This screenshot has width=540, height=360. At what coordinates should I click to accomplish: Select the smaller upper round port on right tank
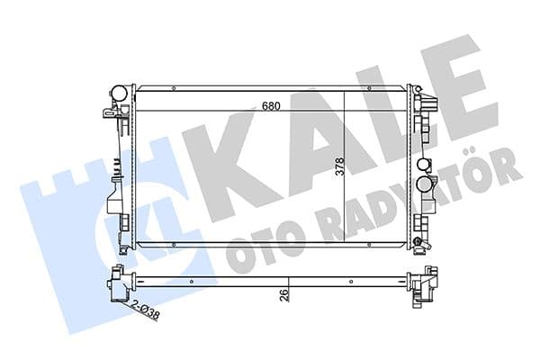coord(424,166)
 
